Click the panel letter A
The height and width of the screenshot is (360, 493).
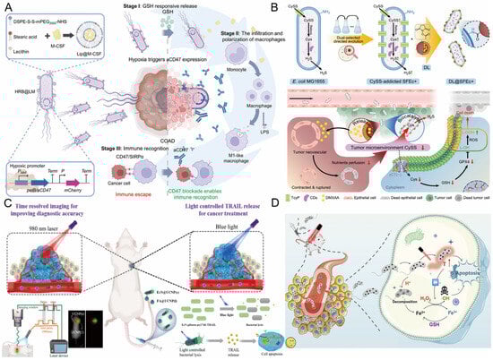(x=6, y=7)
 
